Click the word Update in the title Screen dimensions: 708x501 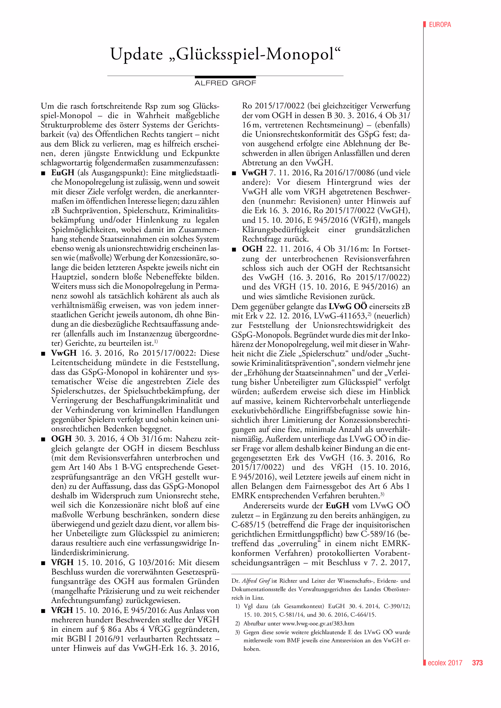pyautogui.click(x=136, y=54)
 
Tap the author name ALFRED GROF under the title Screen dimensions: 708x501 pyautogui.click(x=225, y=83)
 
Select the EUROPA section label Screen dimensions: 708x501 pyautogui.click(x=440, y=25)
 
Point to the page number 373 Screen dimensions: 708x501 pyautogui.click(x=477, y=663)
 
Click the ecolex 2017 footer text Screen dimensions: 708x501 pyautogui.click(x=445, y=663)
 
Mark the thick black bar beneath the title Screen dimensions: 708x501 pyautogui.click(x=225, y=77)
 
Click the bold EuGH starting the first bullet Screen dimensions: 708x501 pyautogui.click(x=63, y=173)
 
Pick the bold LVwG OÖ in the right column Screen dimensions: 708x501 pyautogui.click(x=348, y=306)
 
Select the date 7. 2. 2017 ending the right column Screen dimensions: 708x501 pyautogui.click(x=390, y=562)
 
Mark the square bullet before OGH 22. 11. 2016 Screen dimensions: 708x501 pyautogui.click(x=234, y=249)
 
